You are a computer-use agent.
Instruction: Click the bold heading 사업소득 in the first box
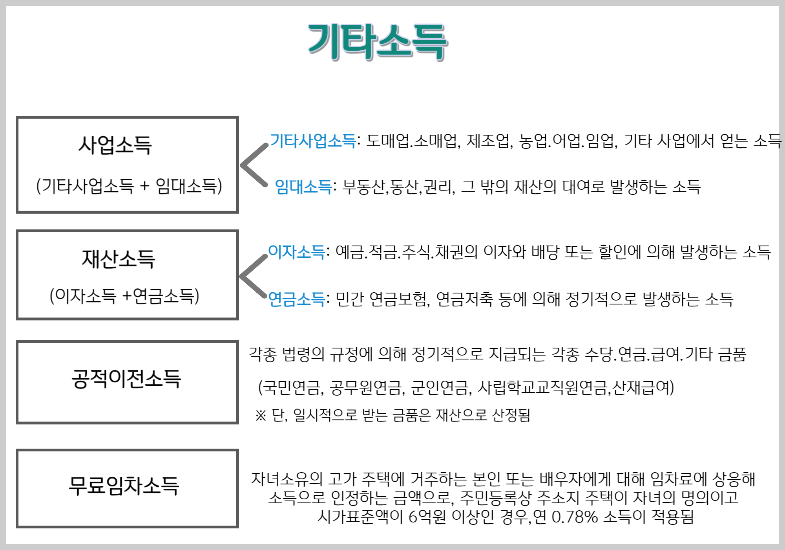pyautogui.click(x=115, y=145)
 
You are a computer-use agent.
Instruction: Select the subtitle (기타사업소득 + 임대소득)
pyautogui.click(x=129, y=186)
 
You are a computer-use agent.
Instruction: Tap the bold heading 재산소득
pyautogui.click(x=119, y=259)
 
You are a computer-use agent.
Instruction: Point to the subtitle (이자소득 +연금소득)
pyautogui.click(x=124, y=296)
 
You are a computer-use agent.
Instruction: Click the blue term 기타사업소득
pyautogui.click(x=313, y=141)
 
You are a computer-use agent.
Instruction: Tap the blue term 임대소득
pyautogui.click(x=303, y=187)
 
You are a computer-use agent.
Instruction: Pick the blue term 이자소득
pyautogui.click(x=296, y=252)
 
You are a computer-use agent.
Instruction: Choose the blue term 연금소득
pyautogui.click(x=296, y=299)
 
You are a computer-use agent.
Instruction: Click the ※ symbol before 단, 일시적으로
pyautogui.click(x=261, y=416)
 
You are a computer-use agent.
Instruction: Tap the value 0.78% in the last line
pyautogui.click(x=575, y=517)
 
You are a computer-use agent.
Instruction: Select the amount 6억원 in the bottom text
pyautogui.click(x=427, y=517)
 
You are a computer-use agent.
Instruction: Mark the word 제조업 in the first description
pyautogui.click(x=489, y=141)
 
